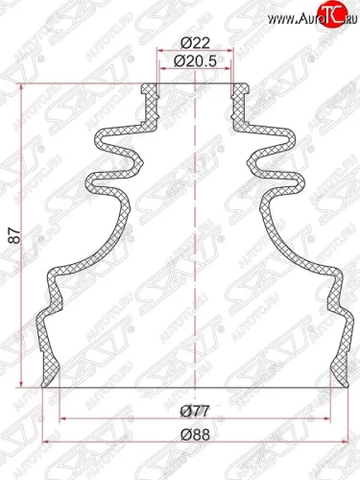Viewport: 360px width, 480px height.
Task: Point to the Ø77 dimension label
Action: [x=196, y=410]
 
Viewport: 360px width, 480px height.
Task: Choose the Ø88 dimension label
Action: [x=196, y=432]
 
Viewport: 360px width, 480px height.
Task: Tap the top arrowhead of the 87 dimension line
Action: [x=21, y=88]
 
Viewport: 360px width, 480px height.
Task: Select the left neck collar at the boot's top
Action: [x=148, y=97]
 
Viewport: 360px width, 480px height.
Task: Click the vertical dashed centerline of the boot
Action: [x=196, y=240]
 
